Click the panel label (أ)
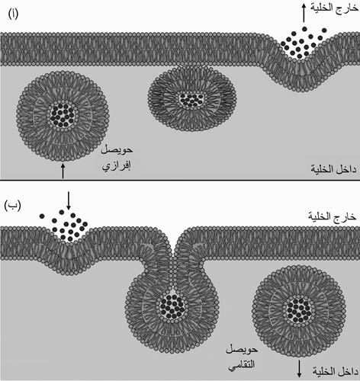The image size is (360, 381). click(13, 14)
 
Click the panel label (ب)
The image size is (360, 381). click(12, 206)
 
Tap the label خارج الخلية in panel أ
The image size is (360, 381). click(334, 8)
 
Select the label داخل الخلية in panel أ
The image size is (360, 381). click(333, 168)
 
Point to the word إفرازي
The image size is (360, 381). click(117, 166)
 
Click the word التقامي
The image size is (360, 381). click(241, 365)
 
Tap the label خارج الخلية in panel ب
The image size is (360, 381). click(332, 216)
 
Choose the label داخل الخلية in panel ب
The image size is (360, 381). click(336, 372)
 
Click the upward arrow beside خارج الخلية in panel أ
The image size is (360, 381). click(304, 13)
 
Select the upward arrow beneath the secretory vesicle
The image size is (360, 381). click(63, 171)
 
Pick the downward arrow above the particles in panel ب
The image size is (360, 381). click(68, 200)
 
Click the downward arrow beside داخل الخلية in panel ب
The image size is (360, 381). click(299, 369)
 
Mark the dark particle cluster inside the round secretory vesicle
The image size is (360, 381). click(62, 115)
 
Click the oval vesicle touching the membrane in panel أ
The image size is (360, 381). click(192, 98)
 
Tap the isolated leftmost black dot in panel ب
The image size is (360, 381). click(42, 216)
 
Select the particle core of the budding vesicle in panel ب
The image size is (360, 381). click(172, 306)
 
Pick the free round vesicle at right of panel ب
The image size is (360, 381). click(299, 311)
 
